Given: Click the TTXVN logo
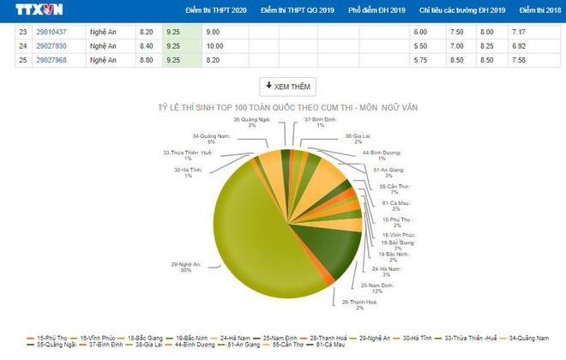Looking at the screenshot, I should tap(39, 10).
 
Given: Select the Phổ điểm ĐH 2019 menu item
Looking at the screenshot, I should tap(376, 10).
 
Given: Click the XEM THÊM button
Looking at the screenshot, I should tap(287, 87).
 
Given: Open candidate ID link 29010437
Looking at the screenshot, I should tap(51, 31).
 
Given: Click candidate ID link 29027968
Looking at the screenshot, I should tap(51, 60).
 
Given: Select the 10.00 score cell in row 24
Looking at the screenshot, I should tap(214, 45).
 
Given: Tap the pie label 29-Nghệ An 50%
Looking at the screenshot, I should tap(184, 268).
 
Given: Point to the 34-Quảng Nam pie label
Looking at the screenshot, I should tap(209, 139).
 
